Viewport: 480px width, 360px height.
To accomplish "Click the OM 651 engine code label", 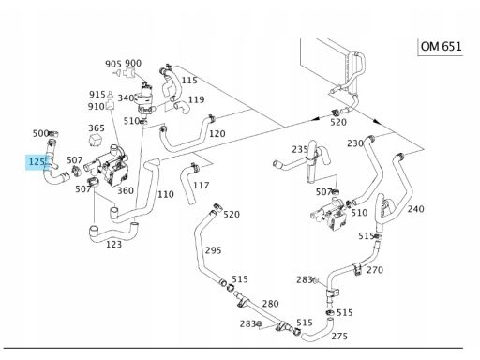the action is [x=441, y=47].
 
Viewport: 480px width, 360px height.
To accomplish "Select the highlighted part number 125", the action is [x=37, y=162].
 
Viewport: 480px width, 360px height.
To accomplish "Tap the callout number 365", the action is [x=97, y=128].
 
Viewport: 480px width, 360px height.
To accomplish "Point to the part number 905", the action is [x=113, y=64].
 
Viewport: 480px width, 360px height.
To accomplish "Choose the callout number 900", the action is [x=133, y=63].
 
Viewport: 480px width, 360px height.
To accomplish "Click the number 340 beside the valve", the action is [x=126, y=98].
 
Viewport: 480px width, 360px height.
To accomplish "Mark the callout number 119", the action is [x=197, y=99].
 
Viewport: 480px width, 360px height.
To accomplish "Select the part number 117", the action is [x=201, y=186].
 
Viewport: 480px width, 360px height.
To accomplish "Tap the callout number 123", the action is [x=113, y=244].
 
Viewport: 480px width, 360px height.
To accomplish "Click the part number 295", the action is [x=213, y=250].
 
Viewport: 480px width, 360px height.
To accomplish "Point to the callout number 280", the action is [x=271, y=304].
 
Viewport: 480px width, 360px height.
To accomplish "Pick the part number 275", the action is [x=339, y=336].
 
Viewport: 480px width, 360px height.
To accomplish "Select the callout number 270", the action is [x=375, y=270].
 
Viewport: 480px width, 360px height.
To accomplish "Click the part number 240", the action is [x=415, y=209].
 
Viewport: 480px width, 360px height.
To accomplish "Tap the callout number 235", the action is [x=300, y=149].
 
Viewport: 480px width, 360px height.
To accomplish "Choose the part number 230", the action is [x=355, y=143].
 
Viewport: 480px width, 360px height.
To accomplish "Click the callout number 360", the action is [x=126, y=190].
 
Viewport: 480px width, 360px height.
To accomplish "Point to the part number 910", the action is [x=96, y=107].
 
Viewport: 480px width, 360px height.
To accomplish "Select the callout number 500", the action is [x=40, y=133].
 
